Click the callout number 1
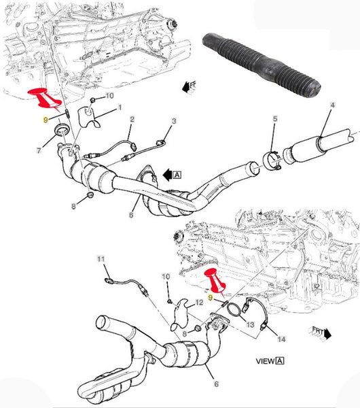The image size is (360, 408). coord(120,107)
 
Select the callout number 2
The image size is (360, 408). coord(132,119)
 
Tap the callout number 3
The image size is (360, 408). coord(173,121)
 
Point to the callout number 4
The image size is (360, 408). coord(332,105)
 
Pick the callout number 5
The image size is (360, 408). coord(275,119)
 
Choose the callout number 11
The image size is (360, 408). coord(100,259)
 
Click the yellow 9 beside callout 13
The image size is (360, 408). coord(211,297)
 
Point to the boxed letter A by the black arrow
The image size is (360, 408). coord(177,174)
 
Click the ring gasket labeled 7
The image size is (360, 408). coord(60,129)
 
